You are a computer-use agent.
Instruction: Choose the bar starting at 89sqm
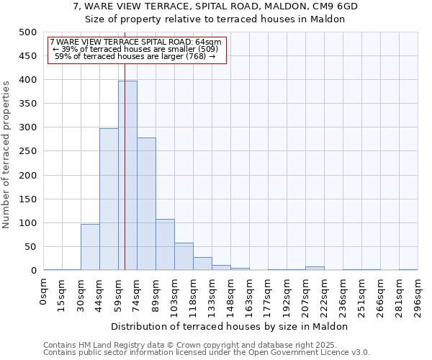pos(165,245)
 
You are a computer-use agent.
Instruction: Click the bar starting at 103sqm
pos(184,256)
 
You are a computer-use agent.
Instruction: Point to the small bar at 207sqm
pos(315,268)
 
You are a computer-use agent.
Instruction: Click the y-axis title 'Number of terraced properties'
pos(6,154)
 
